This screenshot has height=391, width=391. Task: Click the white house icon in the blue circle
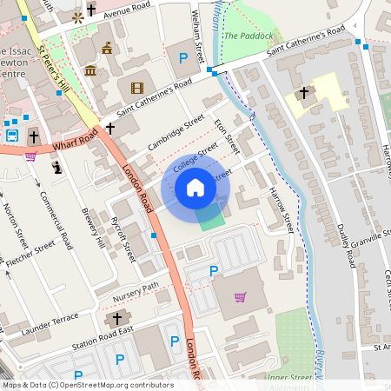coord(195,188)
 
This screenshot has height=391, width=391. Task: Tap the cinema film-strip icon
coord(136,87)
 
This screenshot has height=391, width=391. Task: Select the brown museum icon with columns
coord(90,70)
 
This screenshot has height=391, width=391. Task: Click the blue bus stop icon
coord(12,136)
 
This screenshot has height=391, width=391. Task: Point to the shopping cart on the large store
coord(240,297)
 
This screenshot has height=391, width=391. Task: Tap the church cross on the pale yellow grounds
coord(304,93)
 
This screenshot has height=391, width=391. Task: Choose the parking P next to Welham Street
coord(182,58)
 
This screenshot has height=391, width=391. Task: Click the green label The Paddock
coord(248,36)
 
